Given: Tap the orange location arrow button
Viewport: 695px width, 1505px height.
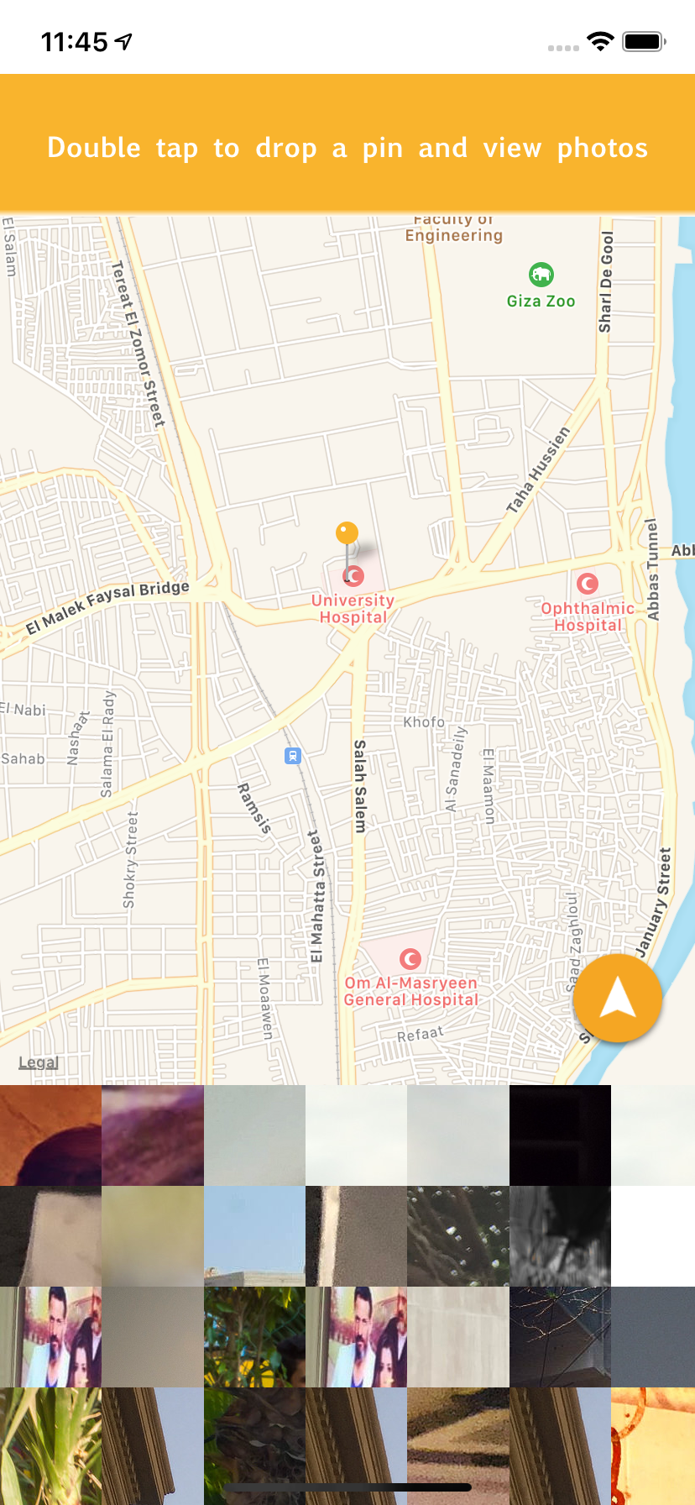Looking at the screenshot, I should tap(618, 998).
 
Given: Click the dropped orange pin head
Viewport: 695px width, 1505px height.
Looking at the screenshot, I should tap(347, 532).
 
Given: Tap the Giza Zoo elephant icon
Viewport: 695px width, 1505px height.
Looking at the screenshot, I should tap(541, 274).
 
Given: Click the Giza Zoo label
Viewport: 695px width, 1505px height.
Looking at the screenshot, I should tap(541, 301).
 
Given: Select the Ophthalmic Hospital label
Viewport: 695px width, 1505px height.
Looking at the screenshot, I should tap(588, 616).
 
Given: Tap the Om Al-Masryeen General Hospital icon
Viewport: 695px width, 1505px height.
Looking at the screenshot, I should tap(410, 958).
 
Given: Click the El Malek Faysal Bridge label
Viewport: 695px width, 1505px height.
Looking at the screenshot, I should tap(107, 606).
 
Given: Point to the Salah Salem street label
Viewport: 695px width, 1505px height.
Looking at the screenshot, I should tap(360, 786).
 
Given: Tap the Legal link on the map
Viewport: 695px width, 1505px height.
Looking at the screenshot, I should tap(39, 1062).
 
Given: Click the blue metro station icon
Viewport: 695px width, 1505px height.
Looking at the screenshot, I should tap(292, 756).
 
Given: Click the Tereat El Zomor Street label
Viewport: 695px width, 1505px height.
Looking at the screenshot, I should tap(138, 343).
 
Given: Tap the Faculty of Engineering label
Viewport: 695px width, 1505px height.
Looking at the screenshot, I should tap(454, 228).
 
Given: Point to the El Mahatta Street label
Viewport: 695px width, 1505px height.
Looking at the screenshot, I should tap(316, 896).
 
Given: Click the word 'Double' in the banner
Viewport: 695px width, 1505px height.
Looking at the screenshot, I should tap(94, 148).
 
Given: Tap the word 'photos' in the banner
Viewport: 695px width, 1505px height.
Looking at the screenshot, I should tap(603, 148).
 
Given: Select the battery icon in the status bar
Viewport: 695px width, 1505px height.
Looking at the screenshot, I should tap(643, 41).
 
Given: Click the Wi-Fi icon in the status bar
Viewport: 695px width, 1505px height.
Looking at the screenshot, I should tap(600, 41).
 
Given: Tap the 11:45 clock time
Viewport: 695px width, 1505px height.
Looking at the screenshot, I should tap(75, 41).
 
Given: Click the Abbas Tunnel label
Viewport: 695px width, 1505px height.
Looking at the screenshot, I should tap(653, 569).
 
